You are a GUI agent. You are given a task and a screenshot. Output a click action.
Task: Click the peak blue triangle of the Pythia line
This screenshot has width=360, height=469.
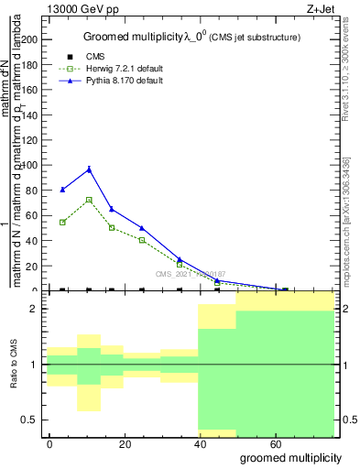(x=89, y=169)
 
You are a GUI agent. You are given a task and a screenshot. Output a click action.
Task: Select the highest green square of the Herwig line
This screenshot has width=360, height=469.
(x=89, y=200)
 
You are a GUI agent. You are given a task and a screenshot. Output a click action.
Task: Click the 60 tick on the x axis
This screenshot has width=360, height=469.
(x=276, y=443)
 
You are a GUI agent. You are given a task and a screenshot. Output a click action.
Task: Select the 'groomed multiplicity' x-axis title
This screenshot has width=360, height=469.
(x=291, y=457)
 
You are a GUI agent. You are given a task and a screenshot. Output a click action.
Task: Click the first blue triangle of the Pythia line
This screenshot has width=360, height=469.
(x=62, y=190)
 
